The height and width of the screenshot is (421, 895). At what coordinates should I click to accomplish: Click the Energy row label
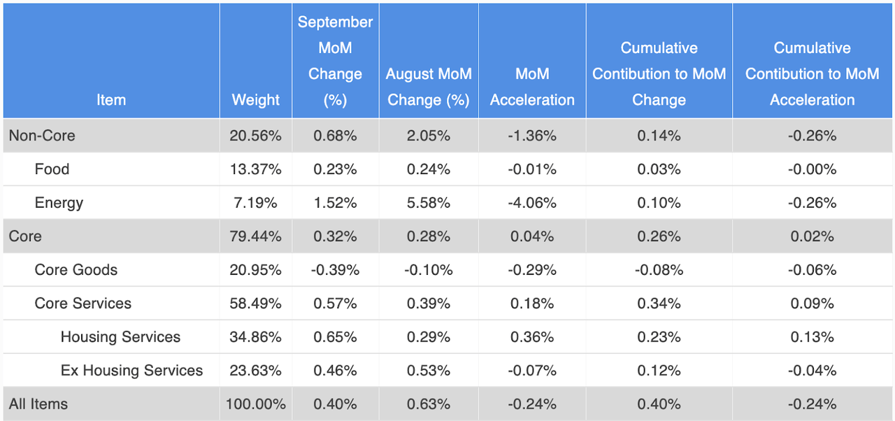click(x=59, y=203)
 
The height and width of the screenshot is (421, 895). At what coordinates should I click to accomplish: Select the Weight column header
click(x=255, y=100)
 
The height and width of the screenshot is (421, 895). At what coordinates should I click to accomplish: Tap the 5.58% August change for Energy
click(x=428, y=203)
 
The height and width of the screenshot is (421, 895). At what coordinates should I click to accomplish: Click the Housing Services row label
click(x=120, y=337)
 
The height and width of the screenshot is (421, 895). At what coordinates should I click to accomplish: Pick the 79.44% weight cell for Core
click(x=255, y=236)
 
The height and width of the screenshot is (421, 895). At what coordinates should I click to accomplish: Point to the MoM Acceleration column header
click(x=532, y=87)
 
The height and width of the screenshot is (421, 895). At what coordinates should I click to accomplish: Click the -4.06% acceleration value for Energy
click(x=532, y=203)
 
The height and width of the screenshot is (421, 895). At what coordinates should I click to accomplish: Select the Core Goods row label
click(x=76, y=270)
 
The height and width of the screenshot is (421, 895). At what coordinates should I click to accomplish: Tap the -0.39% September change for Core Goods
click(x=335, y=270)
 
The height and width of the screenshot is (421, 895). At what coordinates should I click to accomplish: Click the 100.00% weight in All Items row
click(x=255, y=404)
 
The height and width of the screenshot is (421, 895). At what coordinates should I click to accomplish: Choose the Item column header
click(x=111, y=100)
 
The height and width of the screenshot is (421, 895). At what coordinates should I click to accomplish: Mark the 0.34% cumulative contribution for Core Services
click(x=659, y=304)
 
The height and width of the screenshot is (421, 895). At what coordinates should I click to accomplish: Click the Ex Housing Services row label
click(x=131, y=371)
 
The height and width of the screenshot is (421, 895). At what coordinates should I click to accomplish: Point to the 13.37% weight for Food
click(x=255, y=169)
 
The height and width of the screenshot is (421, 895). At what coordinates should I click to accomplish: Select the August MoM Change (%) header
click(x=428, y=87)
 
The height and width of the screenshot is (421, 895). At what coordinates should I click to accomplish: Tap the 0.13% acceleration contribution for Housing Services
click(x=812, y=337)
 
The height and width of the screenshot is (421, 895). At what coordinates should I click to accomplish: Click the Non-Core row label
click(x=42, y=136)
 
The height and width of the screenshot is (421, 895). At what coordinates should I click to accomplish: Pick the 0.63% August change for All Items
click(x=428, y=404)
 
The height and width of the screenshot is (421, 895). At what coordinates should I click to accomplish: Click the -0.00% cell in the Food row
click(x=812, y=169)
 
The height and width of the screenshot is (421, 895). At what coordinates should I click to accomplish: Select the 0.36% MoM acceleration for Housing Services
click(x=532, y=337)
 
